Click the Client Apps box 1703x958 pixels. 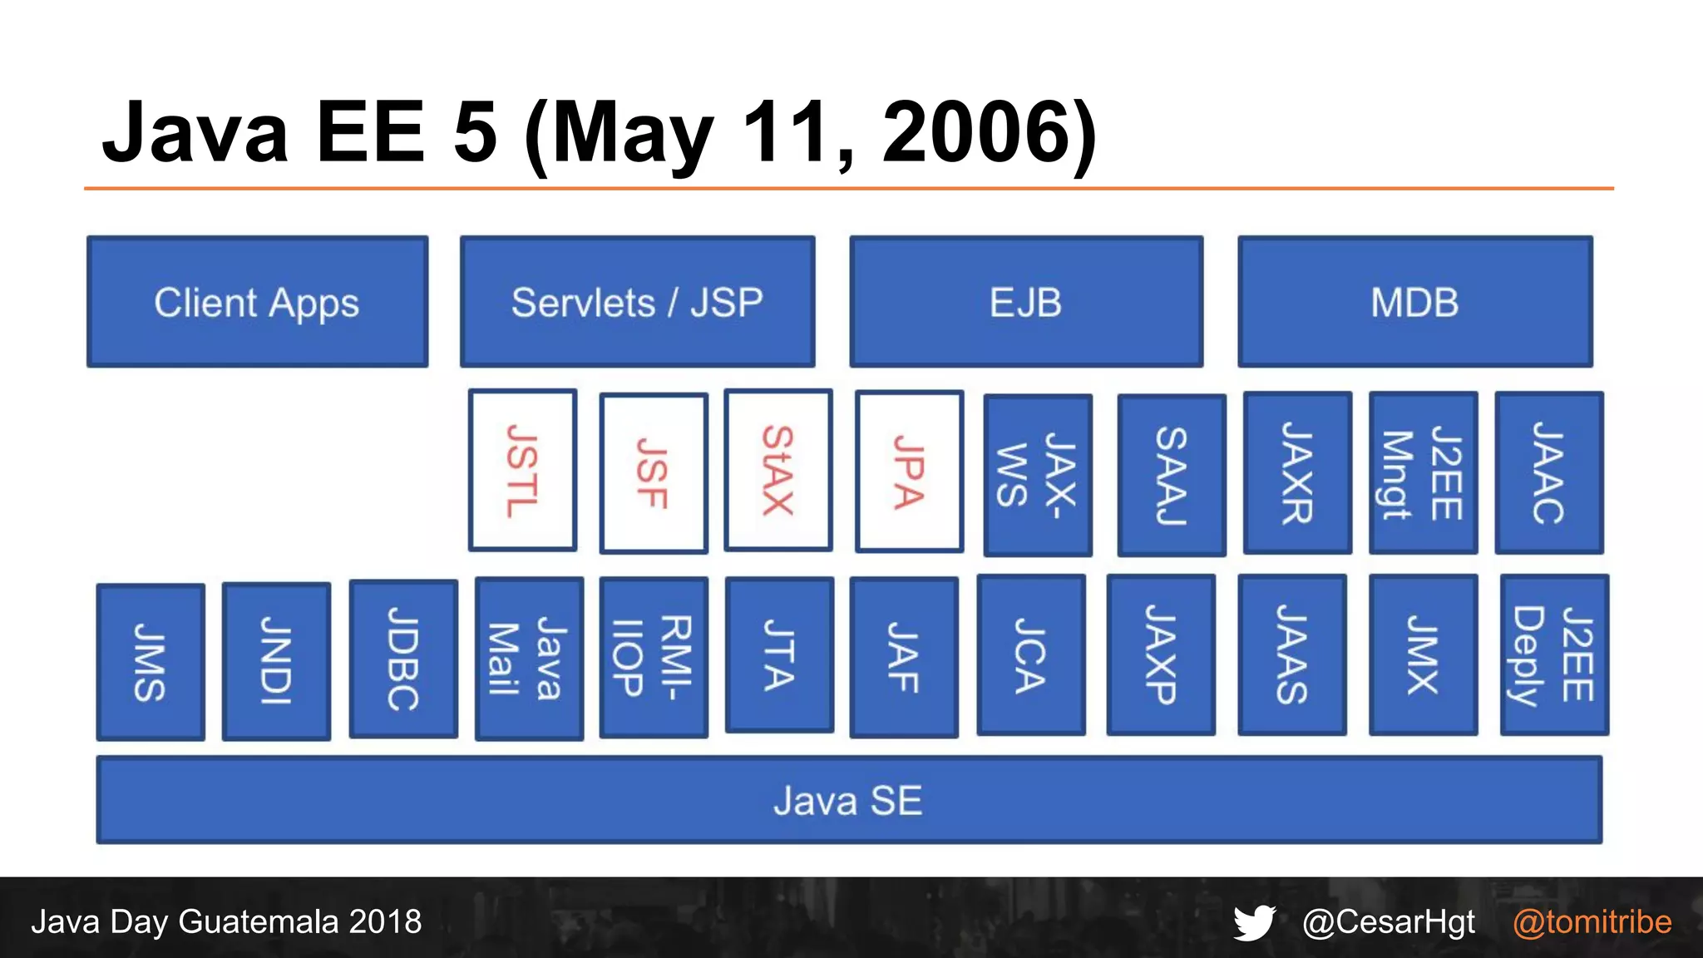(x=257, y=302)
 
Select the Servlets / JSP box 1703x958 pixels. (x=637, y=302)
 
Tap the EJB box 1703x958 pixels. (x=1026, y=302)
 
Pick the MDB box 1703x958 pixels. (x=1414, y=302)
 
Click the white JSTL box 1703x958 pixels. (x=522, y=471)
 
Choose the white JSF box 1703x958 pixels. (x=654, y=472)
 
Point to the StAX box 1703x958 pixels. (x=777, y=471)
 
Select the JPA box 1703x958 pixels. (x=909, y=472)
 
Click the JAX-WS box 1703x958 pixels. (x=1037, y=475)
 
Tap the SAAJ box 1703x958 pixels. (x=1171, y=475)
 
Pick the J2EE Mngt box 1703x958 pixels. (x=1423, y=473)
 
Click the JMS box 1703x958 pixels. (x=151, y=662)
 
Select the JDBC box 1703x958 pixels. (x=403, y=659)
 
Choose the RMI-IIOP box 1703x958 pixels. (x=654, y=657)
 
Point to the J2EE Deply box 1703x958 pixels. (x=1553, y=655)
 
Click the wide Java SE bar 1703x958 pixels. (x=849, y=800)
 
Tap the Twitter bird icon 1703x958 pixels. (x=1254, y=922)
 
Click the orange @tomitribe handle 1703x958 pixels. (x=1592, y=922)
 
